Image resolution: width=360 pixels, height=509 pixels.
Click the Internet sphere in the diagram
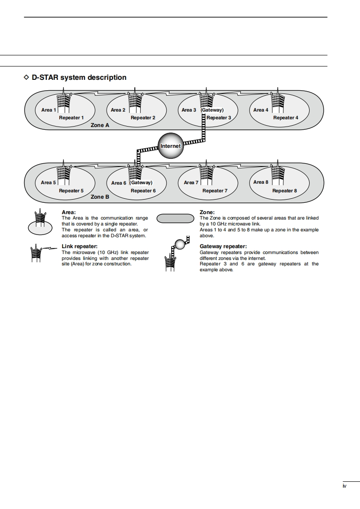pyautogui.click(x=170, y=146)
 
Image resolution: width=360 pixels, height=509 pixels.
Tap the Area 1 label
pyautogui.click(x=49, y=110)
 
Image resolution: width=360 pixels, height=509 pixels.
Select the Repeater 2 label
pyautogui.click(x=143, y=118)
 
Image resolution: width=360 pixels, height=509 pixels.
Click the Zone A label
pyautogui.click(x=100, y=125)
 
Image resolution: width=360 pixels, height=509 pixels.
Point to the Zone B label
pyautogui.click(x=100, y=197)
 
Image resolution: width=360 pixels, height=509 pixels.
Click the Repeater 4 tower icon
pyautogui.click(x=277, y=103)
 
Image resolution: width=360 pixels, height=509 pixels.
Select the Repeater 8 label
pyautogui.click(x=285, y=191)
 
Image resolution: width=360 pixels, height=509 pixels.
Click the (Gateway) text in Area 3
pyautogui.click(x=212, y=110)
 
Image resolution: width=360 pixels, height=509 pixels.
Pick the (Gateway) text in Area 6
pyautogui.click(x=141, y=183)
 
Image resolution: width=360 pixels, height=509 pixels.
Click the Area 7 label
pyautogui.click(x=191, y=183)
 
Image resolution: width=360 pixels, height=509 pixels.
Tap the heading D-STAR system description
pyautogui.click(x=79, y=78)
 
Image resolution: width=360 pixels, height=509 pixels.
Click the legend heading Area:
pyautogui.click(x=69, y=212)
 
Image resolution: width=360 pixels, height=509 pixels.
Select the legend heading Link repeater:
pyautogui.click(x=79, y=246)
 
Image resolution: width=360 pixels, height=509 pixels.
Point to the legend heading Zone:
pyautogui.click(x=207, y=212)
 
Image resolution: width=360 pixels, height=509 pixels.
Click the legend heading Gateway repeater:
pyautogui.click(x=223, y=246)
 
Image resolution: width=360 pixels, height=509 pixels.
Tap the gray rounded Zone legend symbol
pyautogui.click(x=175, y=219)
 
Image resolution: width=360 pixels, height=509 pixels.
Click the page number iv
pyautogui.click(x=345, y=486)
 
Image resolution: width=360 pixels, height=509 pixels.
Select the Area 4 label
pyautogui.click(x=261, y=110)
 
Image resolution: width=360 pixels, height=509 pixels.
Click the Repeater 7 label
pyautogui.click(x=215, y=191)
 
